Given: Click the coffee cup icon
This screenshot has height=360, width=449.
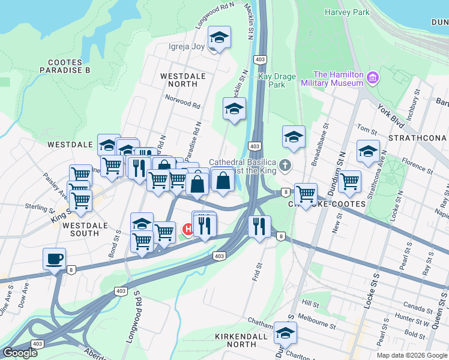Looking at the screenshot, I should (x=54, y=259).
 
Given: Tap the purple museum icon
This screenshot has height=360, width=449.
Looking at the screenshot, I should (x=373, y=77).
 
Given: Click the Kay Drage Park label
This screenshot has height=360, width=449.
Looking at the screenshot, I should (x=271, y=80).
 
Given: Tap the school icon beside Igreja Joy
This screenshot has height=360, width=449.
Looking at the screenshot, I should (x=220, y=38).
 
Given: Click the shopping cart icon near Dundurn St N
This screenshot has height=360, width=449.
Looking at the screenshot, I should (x=349, y=181).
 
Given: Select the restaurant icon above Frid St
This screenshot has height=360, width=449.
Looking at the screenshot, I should (x=259, y=226).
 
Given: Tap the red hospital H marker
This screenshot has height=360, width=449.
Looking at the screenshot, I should (x=187, y=229).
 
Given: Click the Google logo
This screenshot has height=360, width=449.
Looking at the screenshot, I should (x=19, y=353).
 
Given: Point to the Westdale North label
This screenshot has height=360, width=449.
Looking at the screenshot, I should (x=183, y=80).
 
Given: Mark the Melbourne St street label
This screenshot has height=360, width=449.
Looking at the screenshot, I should (x=316, y=325).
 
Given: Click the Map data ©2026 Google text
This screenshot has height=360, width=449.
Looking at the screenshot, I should (x=411, y=355).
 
